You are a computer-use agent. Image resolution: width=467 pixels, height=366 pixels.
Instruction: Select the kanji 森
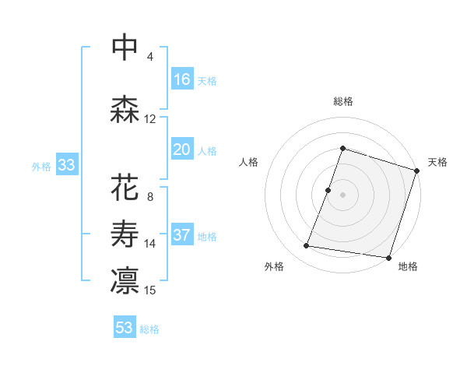[125, 110]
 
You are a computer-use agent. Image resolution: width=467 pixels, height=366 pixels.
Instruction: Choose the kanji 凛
[125, 281]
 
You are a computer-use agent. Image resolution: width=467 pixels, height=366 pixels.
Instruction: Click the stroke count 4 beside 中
[150, 57]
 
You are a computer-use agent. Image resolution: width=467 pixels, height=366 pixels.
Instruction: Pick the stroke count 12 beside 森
[150, 119]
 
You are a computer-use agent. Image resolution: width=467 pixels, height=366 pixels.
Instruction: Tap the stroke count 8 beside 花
[150, 197]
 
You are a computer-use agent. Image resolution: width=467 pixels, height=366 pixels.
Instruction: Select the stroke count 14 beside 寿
[150, 244]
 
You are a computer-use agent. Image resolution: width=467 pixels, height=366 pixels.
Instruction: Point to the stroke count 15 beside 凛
[150, 290]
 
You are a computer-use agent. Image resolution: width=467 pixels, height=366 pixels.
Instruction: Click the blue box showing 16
[182, 79]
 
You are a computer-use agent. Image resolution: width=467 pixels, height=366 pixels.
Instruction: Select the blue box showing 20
[182, 150]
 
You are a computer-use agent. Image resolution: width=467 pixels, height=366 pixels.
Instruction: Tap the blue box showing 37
[182, 235]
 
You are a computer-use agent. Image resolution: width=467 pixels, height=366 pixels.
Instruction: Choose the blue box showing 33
[67, 165]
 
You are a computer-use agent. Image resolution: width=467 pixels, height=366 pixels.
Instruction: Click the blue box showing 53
[125, 328]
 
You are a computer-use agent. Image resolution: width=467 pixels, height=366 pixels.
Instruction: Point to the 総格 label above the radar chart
[343, 101]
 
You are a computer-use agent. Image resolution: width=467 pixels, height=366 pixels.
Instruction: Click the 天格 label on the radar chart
[437, 162]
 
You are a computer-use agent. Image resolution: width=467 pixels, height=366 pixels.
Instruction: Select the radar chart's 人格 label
[249, 162]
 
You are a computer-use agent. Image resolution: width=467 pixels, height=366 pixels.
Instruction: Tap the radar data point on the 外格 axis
[306, 246]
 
